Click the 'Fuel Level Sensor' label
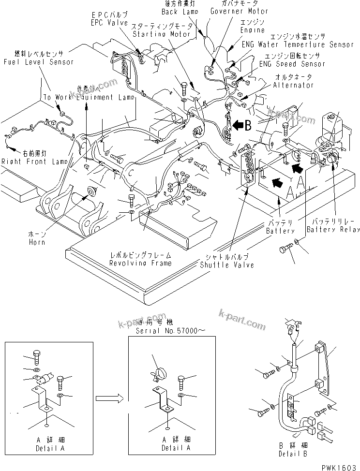point(38,62)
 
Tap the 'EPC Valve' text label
point(109,23)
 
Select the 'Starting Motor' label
point(163,34)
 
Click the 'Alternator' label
point(294,85)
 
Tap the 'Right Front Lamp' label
point(31,162)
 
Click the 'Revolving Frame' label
point(140,263)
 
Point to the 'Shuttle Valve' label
point(226,265)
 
